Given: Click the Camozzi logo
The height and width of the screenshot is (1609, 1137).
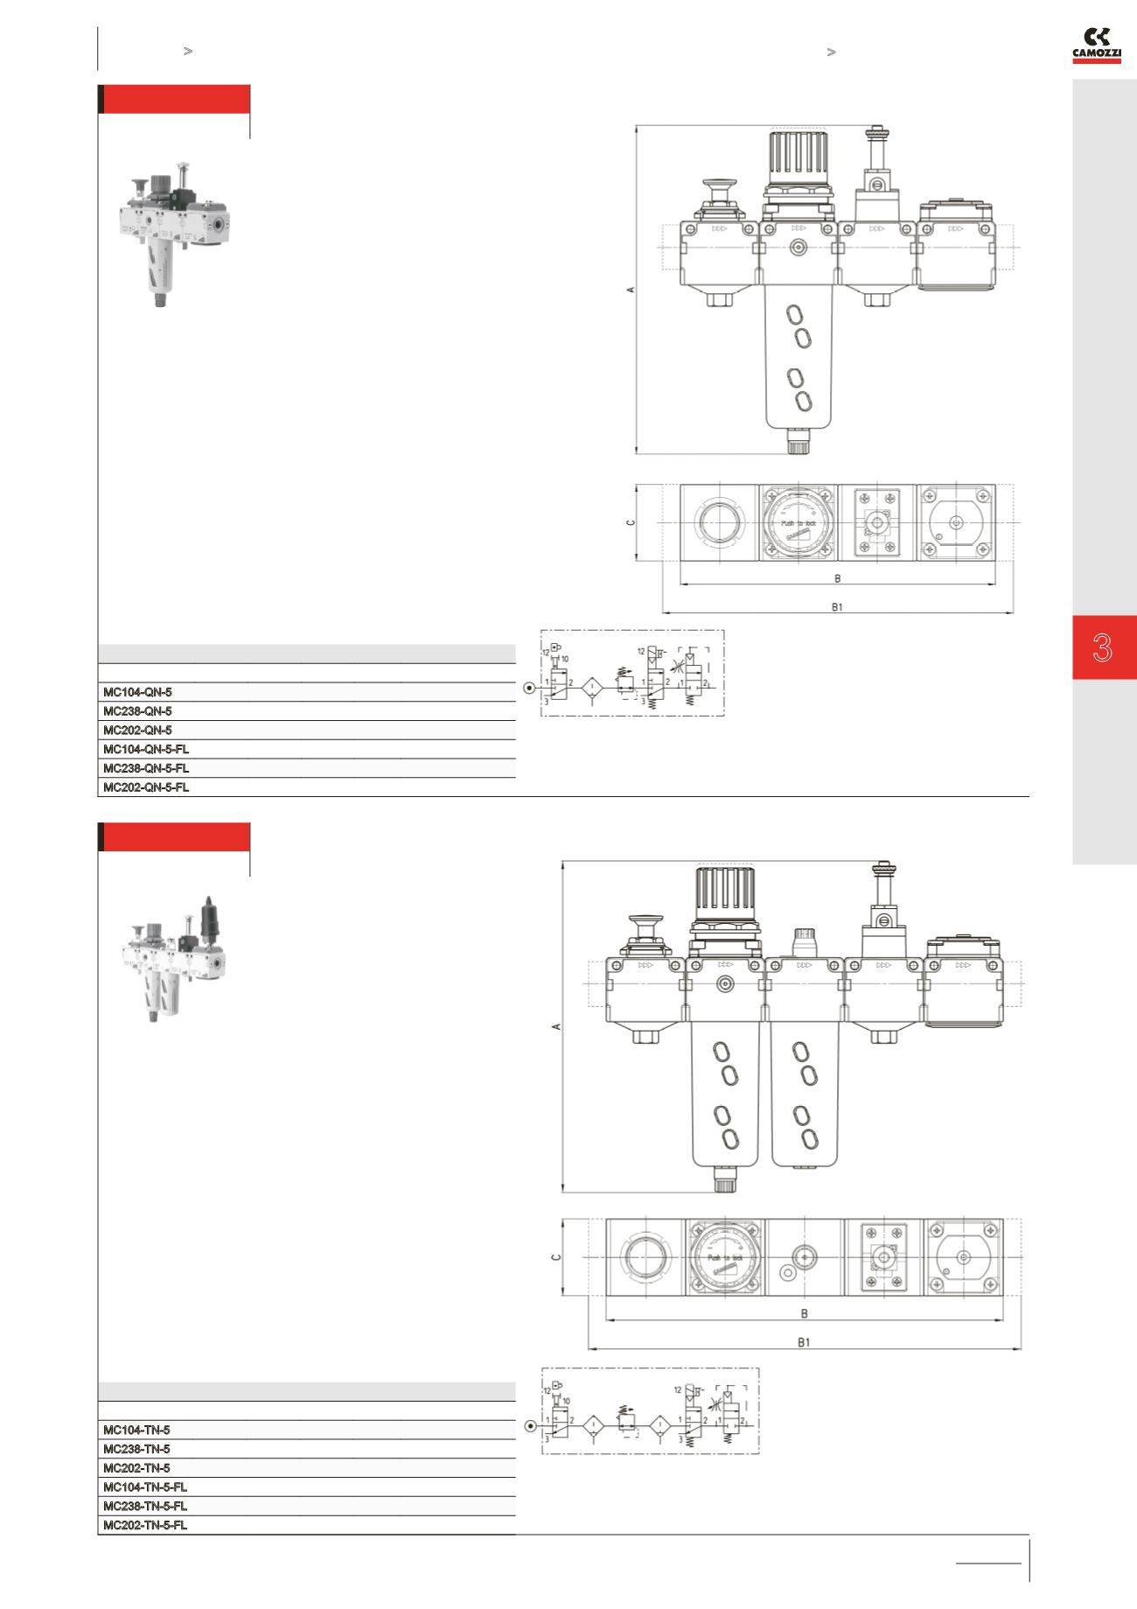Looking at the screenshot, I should pyautogui.click(x=1097, y=45).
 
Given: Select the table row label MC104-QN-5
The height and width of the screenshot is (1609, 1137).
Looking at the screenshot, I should pyautogui.click(x=137, y=692).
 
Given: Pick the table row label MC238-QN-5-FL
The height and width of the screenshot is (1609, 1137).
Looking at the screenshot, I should pyautogui.click(x=146, y=768).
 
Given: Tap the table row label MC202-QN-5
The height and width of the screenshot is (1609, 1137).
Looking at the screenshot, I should pyautogui.click(x=137, y=730).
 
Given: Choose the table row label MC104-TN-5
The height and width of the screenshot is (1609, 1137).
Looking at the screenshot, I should pyautogui.click(x=136, y=1430).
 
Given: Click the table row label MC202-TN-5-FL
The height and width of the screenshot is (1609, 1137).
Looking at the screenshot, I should pyautogui.click(x=145, y=1525).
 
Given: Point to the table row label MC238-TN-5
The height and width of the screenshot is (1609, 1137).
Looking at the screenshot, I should pyautogui.click(x=136, y=1449).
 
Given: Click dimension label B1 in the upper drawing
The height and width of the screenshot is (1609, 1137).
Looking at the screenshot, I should pyautogui.click(x=837, y=607).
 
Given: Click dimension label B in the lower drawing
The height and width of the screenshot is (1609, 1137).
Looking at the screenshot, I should pyautogui.click(x=804, y=1313).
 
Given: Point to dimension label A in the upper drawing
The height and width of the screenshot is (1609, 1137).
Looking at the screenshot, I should pyautogui.click(x=631, y=289).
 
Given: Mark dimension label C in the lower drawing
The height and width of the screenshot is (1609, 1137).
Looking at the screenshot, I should pyautogui.click(x=556, y=1257).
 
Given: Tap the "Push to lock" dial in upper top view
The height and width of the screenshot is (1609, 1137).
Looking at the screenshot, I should pyautogui.click(x=799, y=522).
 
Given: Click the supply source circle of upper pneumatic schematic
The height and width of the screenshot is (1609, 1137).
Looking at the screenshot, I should pyautogui.click(x=529, y=688).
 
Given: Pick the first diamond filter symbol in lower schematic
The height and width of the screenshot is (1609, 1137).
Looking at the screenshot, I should pyautogui.click(x=594, y=1426).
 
